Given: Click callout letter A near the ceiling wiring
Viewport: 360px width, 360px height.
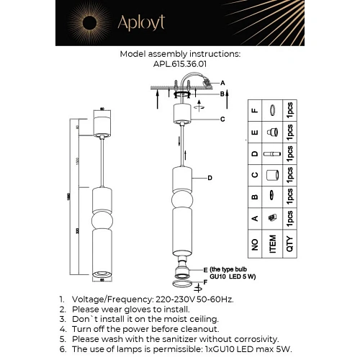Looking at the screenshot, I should click(x=222, y=83).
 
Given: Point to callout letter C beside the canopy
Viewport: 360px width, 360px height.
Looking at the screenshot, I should click(x=222, y=120).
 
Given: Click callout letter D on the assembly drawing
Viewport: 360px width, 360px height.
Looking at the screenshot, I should click(x=210, y=178).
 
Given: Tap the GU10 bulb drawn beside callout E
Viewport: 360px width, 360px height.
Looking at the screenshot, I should click(x=181, y=272).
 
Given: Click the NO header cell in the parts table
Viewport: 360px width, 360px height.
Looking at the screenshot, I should click(x=253, y=246).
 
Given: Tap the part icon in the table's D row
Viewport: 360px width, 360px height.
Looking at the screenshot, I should click(x=273, y=155).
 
